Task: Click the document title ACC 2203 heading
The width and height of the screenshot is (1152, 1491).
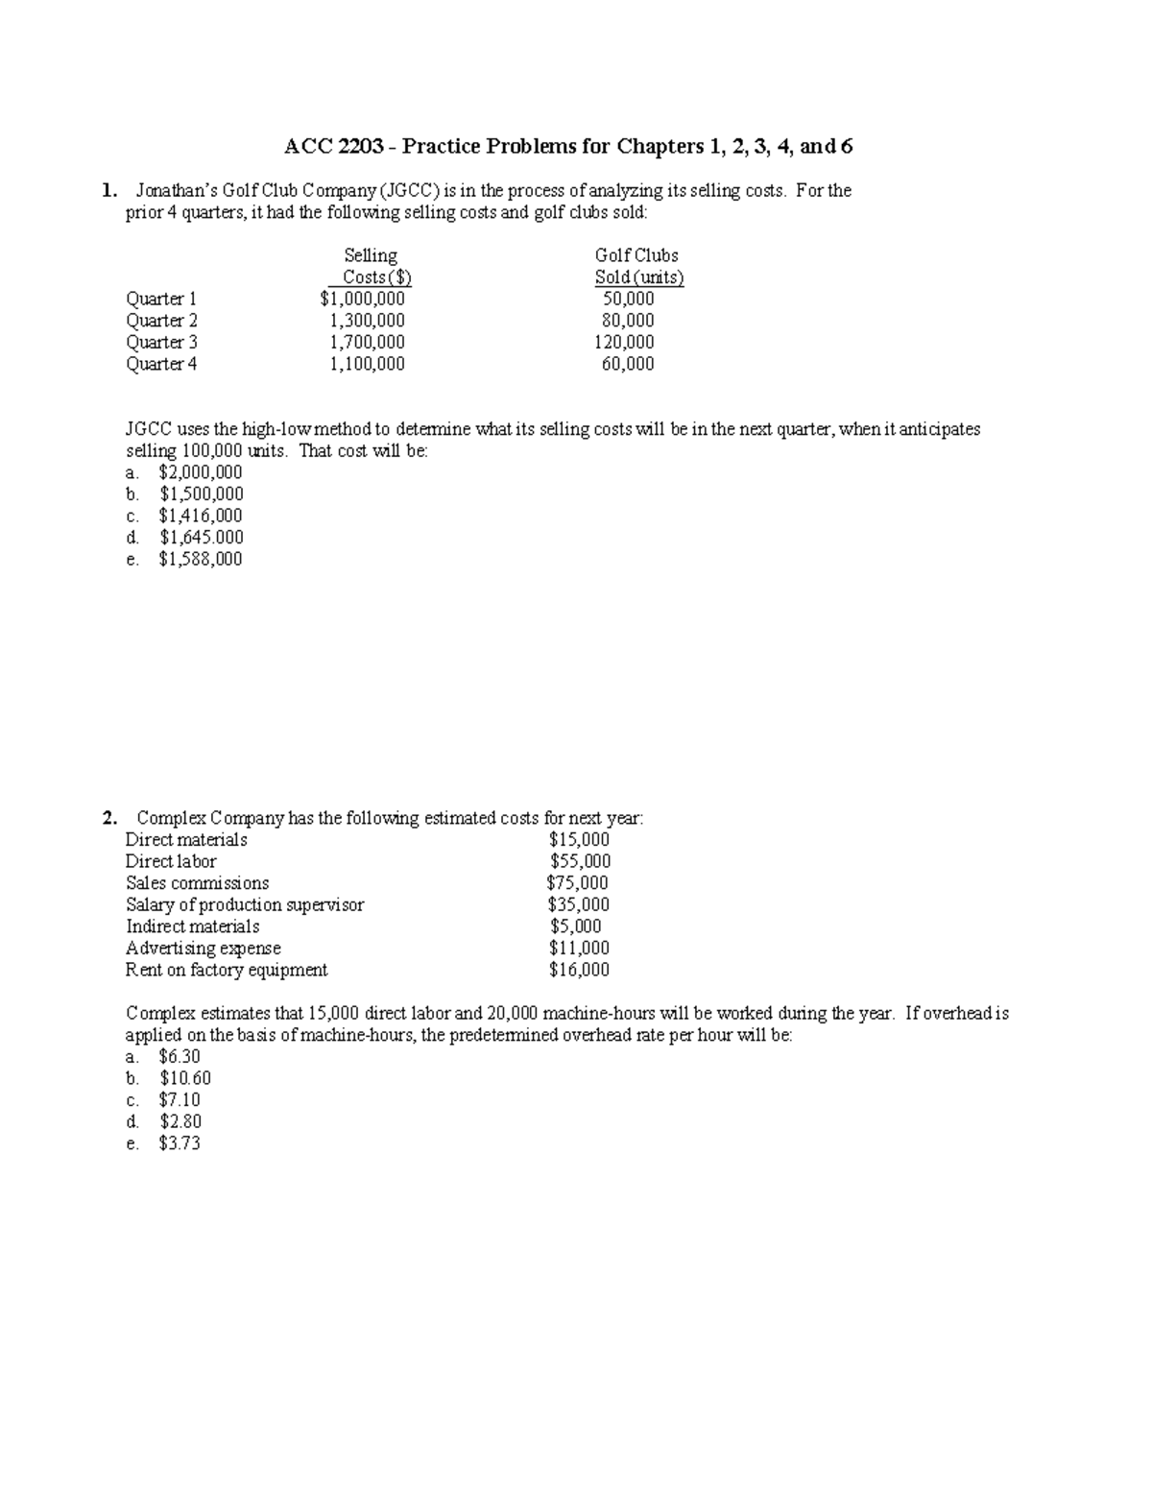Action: coord(568,147)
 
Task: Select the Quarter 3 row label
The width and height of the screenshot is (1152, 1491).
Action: coord(161,343)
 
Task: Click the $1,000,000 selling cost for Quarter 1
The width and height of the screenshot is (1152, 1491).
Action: coord(362,300)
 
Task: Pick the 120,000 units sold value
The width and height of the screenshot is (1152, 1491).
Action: coord(624,343)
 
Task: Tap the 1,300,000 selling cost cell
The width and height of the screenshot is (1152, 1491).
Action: coord(367,321)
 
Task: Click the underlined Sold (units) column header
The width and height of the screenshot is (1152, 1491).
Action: coord(638,278)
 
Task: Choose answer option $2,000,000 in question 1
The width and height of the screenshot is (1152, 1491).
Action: coord(200,472)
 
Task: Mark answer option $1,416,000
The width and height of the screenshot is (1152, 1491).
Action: coord(200,516)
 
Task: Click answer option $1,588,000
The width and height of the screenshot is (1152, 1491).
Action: coord(200,559)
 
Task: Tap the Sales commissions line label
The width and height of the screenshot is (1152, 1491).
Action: coord(197,883)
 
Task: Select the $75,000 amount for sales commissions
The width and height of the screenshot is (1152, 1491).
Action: coord(577,883)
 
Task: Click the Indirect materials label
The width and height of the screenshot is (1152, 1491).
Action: coord(192,926)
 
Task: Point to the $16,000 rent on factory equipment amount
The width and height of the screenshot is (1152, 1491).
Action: coord(578,970)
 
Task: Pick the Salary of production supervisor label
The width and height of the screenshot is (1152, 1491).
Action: coord(245,904)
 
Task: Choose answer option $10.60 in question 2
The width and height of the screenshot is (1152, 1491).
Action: coord(184,1078)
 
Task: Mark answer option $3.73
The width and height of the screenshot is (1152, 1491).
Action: coord(180,1143)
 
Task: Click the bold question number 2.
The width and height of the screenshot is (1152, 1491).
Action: coord(110,819)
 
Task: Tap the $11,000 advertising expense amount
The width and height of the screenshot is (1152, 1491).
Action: coord(578,949)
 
